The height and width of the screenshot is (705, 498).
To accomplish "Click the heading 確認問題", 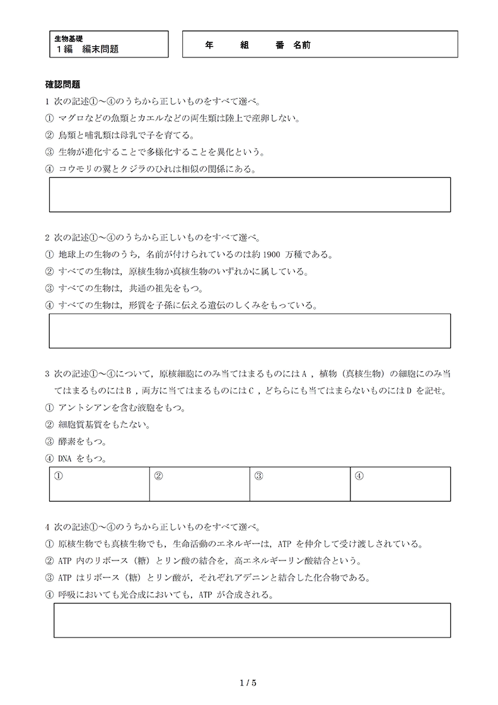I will click(x=62, y=84).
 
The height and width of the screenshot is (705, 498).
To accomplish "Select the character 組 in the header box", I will click(x=245, y=45).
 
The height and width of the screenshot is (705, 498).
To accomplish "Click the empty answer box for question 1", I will click(x=250, y=194).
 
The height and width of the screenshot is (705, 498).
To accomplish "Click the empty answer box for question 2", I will click(x=250, y=331).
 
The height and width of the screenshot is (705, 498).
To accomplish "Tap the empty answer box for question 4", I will click(x=252, y=620).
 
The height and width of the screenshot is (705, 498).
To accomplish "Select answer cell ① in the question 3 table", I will click(x=100, y=484).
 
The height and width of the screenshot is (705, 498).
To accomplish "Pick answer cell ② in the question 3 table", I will click(x=200, y=484).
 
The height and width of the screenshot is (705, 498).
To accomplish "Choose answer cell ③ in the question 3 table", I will click(x=300, y=484).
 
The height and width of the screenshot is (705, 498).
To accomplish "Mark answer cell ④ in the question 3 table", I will click(x=400, y=484).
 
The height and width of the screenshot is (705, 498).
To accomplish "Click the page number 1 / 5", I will click(x=249, y=682).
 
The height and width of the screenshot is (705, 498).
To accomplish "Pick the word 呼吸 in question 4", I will click(x=66, y=595).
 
